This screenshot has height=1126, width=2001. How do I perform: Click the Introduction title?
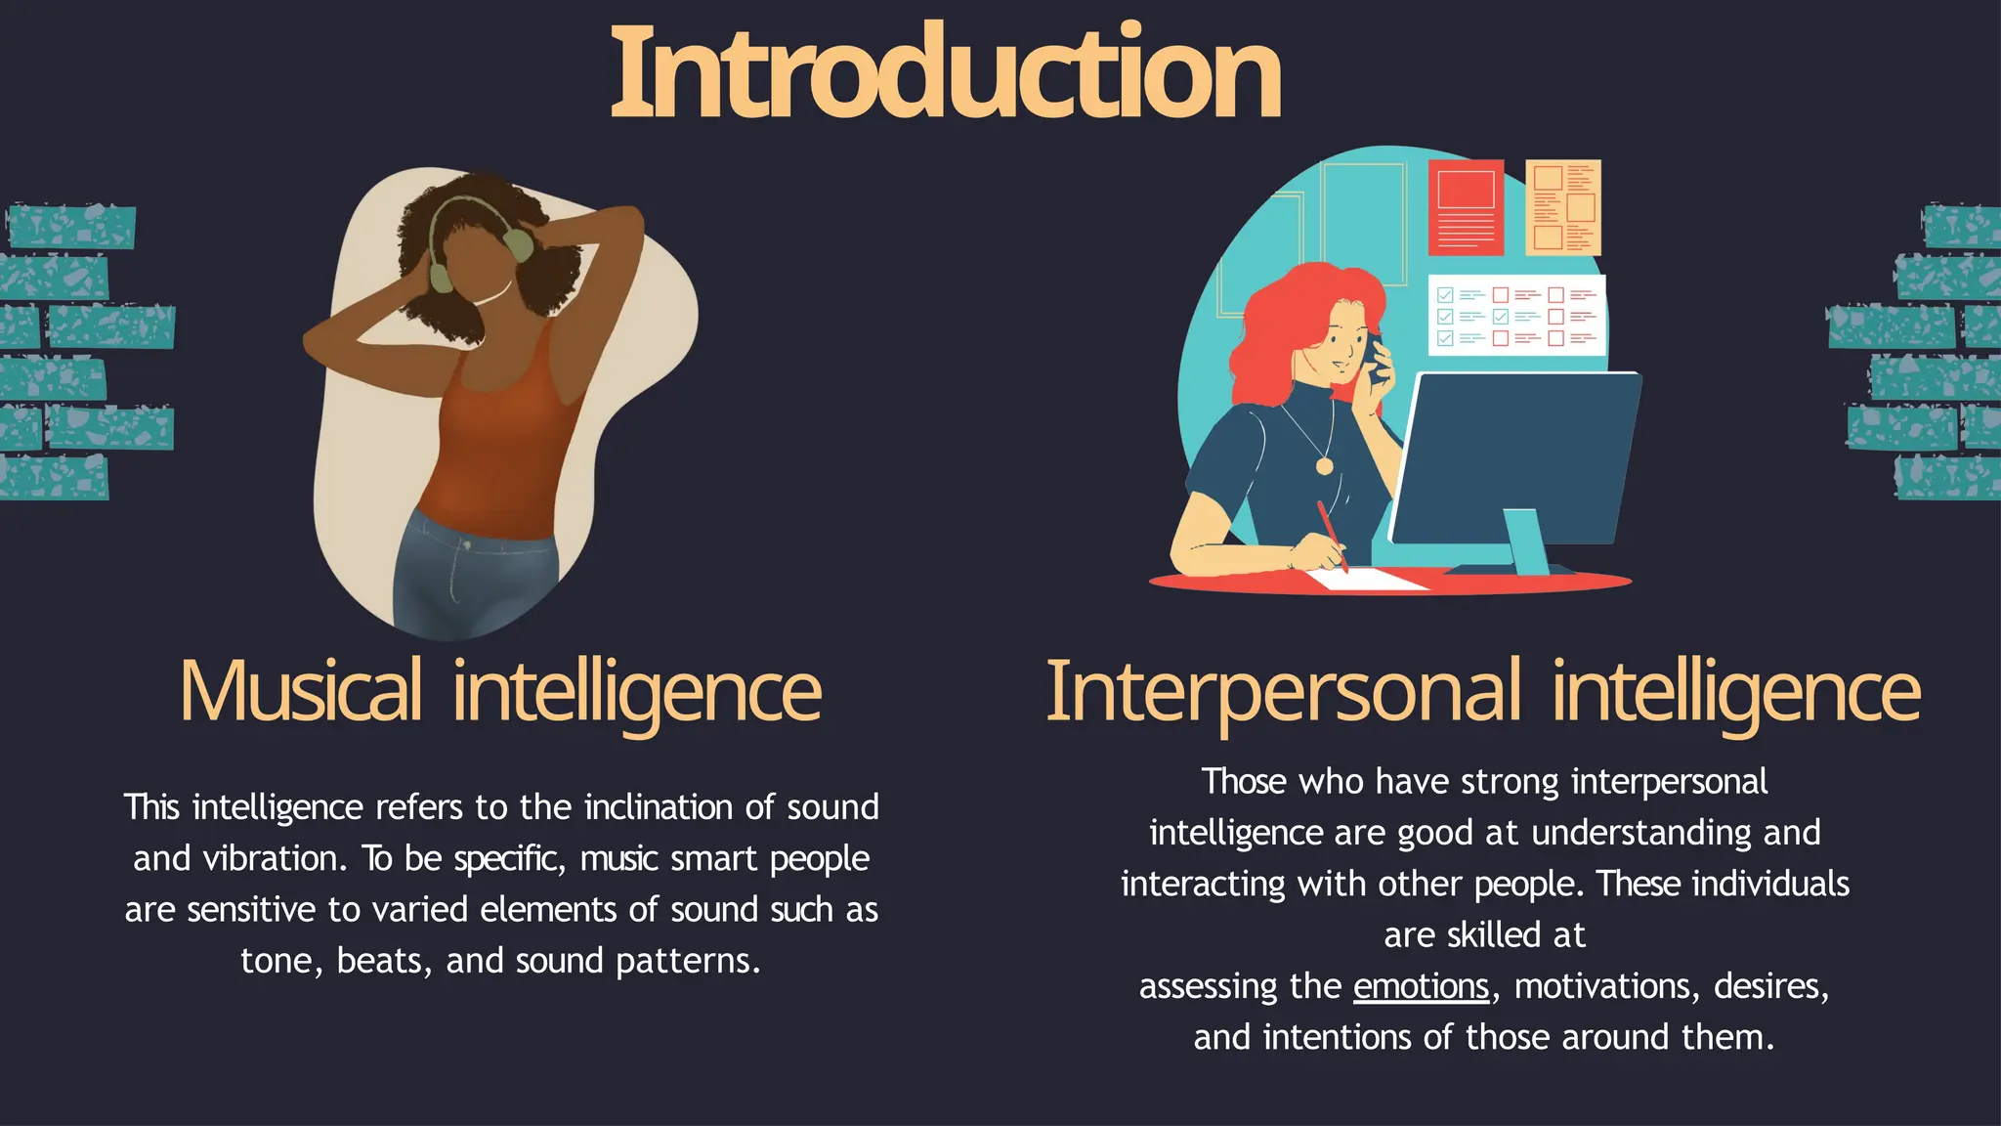[945, 74]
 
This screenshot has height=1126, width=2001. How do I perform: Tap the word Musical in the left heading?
[301, 691]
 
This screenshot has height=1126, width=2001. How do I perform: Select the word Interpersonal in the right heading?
[1283, 691]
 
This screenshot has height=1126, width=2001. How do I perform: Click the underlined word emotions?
[1421, 986]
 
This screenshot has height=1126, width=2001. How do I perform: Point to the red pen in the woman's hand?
[1331, 533]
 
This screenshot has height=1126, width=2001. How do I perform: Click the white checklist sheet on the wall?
[1517, 315]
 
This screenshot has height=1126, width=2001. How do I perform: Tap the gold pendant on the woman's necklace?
[1324, 466]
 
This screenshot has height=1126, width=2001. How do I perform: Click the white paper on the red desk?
[1368, 580]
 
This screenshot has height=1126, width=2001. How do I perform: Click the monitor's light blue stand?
[1527, 542]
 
